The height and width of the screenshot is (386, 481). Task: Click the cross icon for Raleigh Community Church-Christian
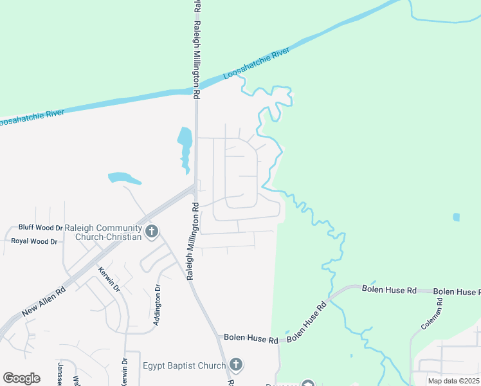coord(152,231)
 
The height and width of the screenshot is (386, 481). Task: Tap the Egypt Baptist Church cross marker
coord(236,365)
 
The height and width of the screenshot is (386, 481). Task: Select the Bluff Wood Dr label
coord(41,227)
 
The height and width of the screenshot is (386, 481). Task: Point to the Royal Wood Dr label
coord(34,241)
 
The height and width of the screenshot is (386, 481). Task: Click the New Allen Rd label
coord(44,300)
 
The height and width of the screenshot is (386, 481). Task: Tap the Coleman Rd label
coord(432,318)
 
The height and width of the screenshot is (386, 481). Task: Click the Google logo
coord(21,378)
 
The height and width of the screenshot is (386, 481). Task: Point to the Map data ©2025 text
coord(454,381)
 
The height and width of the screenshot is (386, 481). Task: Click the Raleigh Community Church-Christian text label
coord(108,232)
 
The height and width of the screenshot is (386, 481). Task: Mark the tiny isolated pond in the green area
coord(457,217)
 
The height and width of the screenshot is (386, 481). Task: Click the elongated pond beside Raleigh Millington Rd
coord(185,148)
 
